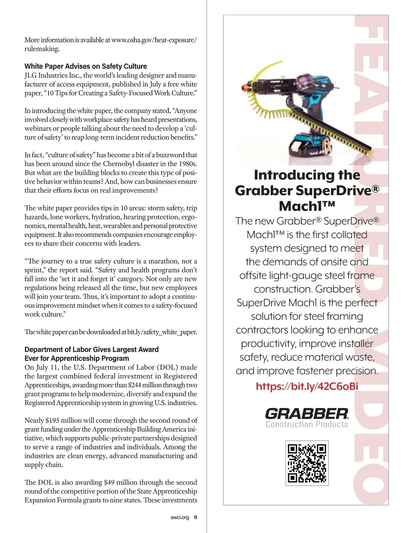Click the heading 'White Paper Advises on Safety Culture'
[x=86, y=66]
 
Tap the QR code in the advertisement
[x=307, y=463]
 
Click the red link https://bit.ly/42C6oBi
[x=307, y=386]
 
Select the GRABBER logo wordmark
[x=307, y=413]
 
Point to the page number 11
[x=195, y=518]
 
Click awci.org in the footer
[x=180, y=518]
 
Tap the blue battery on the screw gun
[x=310, y=146]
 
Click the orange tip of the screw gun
[x=243, y=88]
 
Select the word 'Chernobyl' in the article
[x=119, y=164]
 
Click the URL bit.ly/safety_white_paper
[x=162, y=332]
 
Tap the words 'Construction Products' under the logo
[x=307, y=425]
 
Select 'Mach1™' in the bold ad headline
[x=307, y=206]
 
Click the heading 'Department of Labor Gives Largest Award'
[x=92, y=350]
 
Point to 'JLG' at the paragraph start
[x=30, y=75]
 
